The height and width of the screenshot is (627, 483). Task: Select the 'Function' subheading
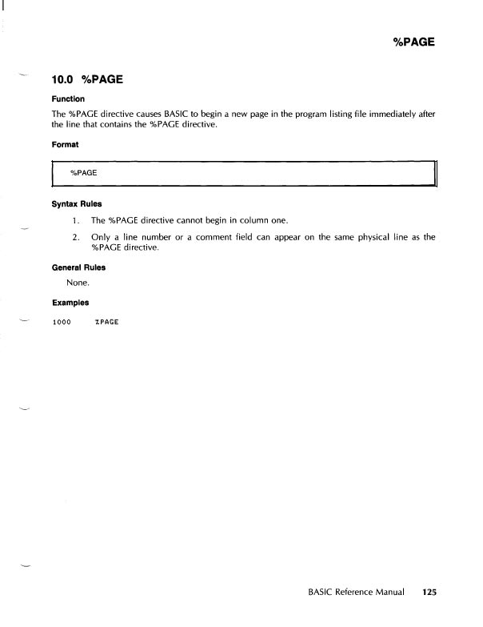point(69,99)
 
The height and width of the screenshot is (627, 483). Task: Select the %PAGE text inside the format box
point(83,172)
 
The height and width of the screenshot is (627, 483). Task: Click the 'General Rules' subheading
point(78,267)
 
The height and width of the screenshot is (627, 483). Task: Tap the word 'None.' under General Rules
point(79,283)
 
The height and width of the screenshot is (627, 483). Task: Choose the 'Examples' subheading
point(70,303)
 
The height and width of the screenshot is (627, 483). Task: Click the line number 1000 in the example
point(62,322)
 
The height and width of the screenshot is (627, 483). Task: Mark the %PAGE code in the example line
point(106,322)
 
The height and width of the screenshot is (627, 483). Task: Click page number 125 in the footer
point(429,593)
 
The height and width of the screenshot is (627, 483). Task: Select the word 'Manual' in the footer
point(386,593)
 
